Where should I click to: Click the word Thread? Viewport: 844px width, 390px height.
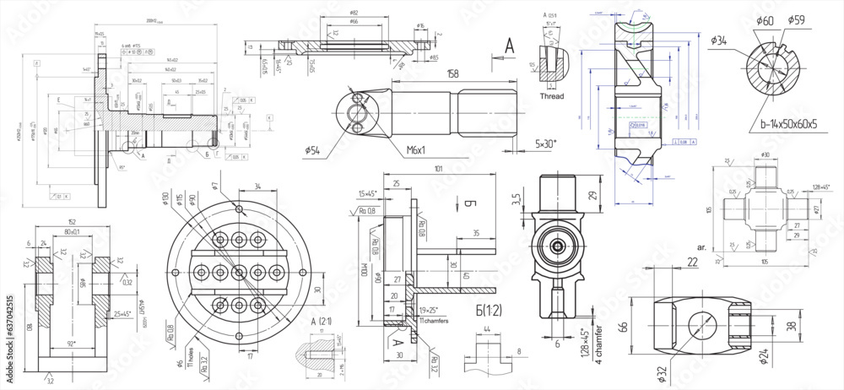pyautogui.click(x=551, y=96)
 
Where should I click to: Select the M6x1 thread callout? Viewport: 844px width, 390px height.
pyautogui.click(x=415, y=149)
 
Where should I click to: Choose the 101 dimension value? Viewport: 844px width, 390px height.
pyautogui.click(x=438, y=169)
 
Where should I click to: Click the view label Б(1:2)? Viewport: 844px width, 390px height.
pyautogui.click(x=484, y=311)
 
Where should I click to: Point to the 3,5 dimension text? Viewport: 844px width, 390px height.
pyautogui.click(x=515, y=201)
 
